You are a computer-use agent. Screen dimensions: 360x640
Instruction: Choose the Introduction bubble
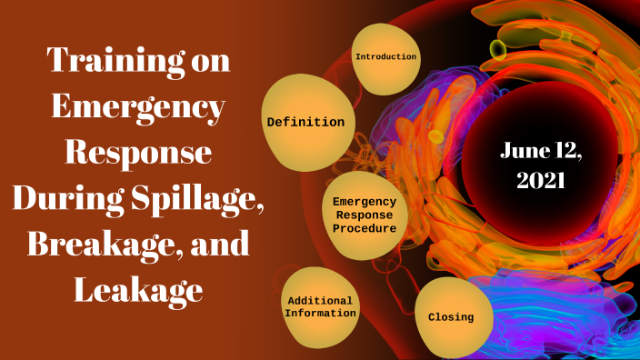pos(386,57)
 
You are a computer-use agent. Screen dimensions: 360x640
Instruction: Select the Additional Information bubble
pos(320,307)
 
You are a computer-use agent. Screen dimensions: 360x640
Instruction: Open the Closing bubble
pos(452,317)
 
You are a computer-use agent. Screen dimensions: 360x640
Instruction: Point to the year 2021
pos(542,180)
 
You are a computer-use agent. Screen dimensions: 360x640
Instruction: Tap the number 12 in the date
pos(564,152)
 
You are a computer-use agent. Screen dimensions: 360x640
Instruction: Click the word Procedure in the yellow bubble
pos(364,228)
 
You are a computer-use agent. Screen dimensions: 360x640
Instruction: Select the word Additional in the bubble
pos(320,300)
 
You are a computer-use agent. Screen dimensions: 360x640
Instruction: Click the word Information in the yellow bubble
pos(320,314)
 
